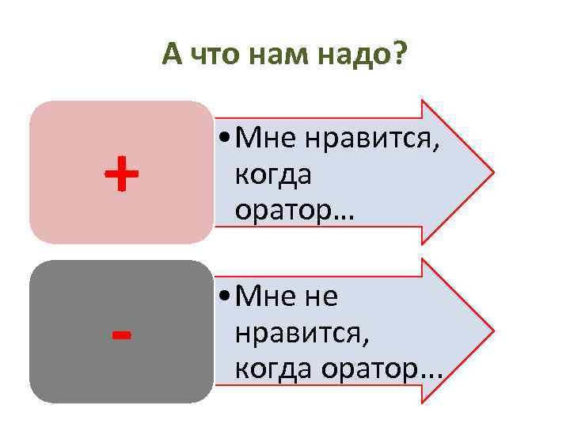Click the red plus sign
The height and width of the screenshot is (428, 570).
tap(121, 174)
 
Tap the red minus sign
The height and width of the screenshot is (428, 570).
tap(121, 334)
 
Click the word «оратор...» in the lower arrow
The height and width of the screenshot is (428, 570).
tap(380, 369)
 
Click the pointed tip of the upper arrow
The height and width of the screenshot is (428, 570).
tap(492, 171)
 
